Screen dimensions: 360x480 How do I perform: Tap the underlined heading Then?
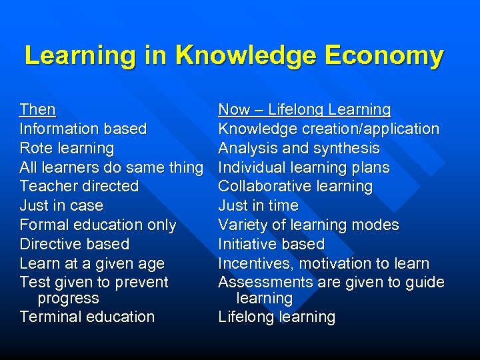(38, 109)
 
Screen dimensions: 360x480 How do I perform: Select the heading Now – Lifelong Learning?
(305, 109)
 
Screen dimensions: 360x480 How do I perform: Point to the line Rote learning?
(67, 148)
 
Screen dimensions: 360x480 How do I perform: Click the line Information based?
(83, 129)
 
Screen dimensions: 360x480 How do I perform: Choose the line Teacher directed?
(79, 186)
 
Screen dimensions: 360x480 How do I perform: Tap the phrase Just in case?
(61, 205)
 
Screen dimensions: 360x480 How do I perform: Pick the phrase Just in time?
(258, 205)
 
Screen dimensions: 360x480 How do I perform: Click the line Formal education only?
(98, 225)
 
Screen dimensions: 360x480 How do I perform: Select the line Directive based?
(75, 244)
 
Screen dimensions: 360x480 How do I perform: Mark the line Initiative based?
(271, 244)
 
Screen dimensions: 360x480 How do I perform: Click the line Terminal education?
(87, 317)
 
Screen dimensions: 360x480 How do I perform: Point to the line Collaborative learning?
(295, 186)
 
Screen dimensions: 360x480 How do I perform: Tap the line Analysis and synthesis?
(299, 148)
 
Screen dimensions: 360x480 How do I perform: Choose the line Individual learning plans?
(304, 167)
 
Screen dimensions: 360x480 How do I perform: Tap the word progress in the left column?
(69, 299)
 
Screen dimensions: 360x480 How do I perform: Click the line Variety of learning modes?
(309, 225)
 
